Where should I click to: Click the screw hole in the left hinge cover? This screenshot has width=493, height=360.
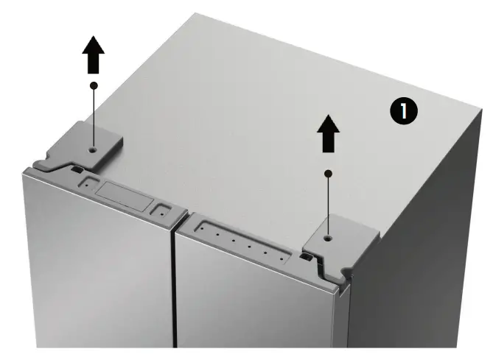pyautogui.click(x=91, y=149)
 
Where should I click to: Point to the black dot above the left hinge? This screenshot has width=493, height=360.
pyautogui.click(x=94, y=85)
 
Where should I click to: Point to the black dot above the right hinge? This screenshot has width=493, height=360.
pyautogui.click(x=329, y=174)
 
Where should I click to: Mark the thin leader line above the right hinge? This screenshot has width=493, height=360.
pyautogui.click(x=329, y=206)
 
